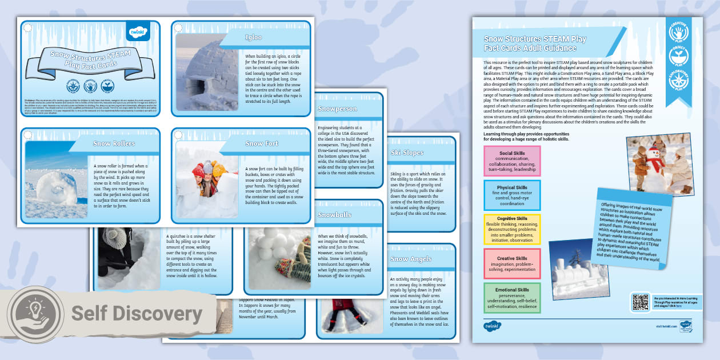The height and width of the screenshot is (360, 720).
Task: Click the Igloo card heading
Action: pos(253,38)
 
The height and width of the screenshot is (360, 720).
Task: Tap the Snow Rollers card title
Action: pos(114,143)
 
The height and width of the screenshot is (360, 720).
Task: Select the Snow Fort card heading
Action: pos(262,143)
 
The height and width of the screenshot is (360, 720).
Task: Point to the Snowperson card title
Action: pos(337,109)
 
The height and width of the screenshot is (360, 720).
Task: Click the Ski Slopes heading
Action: pos(407,153)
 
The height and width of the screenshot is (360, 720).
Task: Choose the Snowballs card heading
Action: pos(335,215)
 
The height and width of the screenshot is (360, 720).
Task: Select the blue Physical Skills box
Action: pos(511,194)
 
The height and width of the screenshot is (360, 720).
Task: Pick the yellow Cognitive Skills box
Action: pos(511,229)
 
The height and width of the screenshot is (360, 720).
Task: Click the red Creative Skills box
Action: pos(511,262)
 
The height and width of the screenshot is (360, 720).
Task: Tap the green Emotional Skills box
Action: pos(511,298)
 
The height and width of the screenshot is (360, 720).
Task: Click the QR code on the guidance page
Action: pos(640,302)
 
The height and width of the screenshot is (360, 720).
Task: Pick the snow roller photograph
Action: pos(55,180)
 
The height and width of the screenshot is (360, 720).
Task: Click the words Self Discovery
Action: pos(137,314)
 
